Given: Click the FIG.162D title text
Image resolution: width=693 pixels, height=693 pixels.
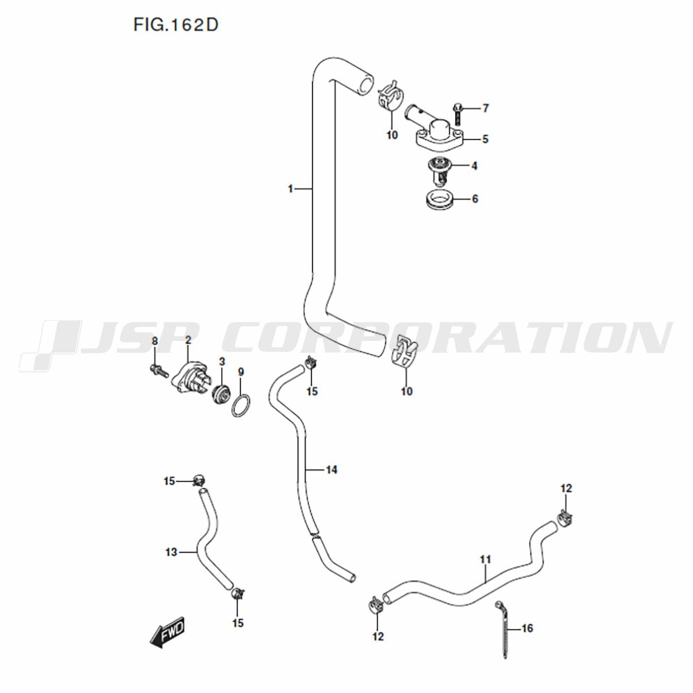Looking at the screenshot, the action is pos(176,25).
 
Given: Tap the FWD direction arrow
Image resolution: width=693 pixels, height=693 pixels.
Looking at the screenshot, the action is pos(167,632).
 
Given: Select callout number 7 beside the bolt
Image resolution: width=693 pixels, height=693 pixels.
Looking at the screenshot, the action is pos(486,108).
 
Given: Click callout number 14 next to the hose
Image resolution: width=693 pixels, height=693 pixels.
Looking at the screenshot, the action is pos(331,469).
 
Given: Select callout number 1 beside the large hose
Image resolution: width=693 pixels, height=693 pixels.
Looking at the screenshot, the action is pos(290,189).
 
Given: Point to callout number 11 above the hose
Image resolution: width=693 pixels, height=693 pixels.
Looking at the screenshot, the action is pos(485,559).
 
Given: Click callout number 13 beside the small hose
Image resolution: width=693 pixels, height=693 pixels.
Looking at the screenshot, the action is pos(171,552).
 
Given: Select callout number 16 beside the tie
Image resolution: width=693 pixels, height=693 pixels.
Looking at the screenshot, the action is pos(527,628).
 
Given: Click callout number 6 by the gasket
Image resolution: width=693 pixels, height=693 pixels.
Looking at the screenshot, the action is pos(475,199).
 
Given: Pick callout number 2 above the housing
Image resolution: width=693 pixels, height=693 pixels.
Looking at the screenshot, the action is pos(188,340).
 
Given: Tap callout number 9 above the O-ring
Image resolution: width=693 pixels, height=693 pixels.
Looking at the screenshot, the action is pos(241,372).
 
